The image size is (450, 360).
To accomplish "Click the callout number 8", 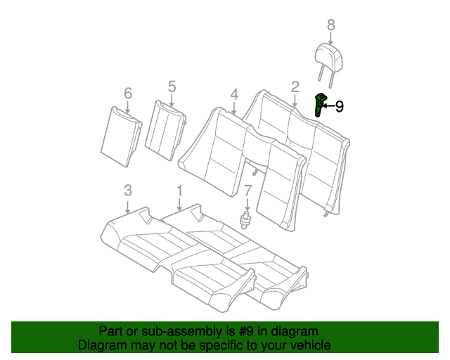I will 331,25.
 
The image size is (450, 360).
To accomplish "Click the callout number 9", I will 340,107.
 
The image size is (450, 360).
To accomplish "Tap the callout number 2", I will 295,86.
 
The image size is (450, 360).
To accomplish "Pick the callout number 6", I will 127,94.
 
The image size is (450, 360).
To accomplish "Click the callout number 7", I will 247,190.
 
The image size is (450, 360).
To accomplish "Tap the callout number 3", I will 127,190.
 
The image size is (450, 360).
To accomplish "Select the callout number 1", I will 179,190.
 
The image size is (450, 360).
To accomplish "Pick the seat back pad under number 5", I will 165,129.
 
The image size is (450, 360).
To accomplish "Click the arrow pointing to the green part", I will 328,107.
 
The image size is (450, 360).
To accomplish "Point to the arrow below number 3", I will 127,205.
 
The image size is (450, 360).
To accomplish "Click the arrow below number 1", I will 179,205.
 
